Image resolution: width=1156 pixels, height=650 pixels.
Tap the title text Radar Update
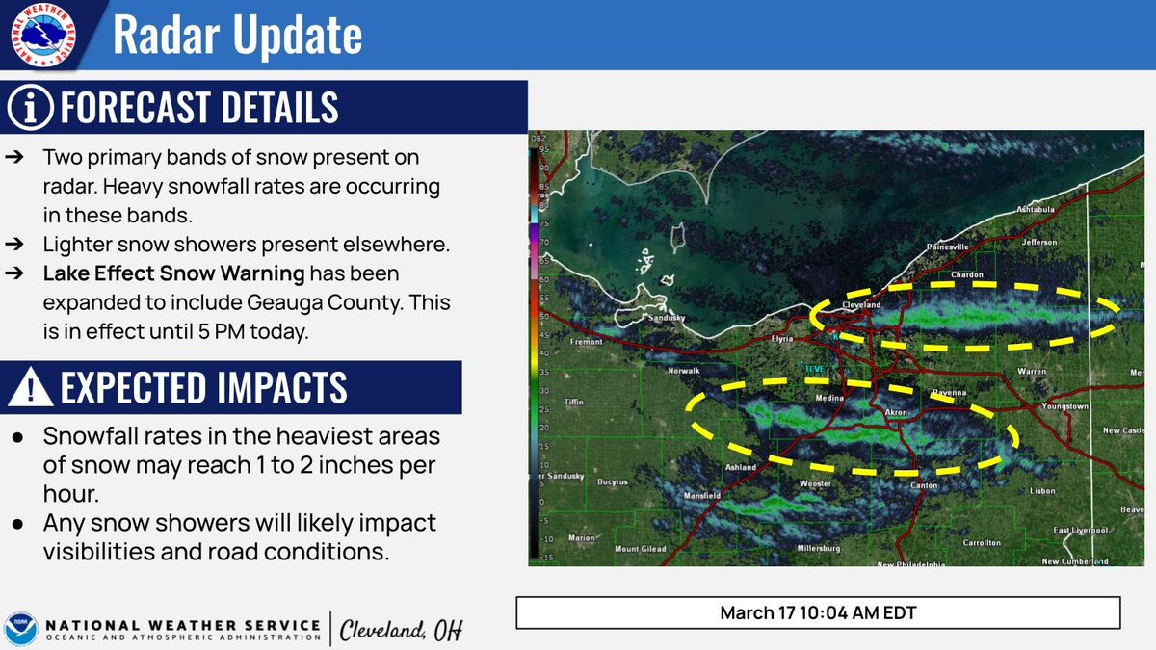237,36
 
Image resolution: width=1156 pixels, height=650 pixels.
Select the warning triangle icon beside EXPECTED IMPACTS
29,388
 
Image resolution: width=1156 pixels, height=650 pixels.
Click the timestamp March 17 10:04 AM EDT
818,612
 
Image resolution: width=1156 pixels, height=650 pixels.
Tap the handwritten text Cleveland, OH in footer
402,631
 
